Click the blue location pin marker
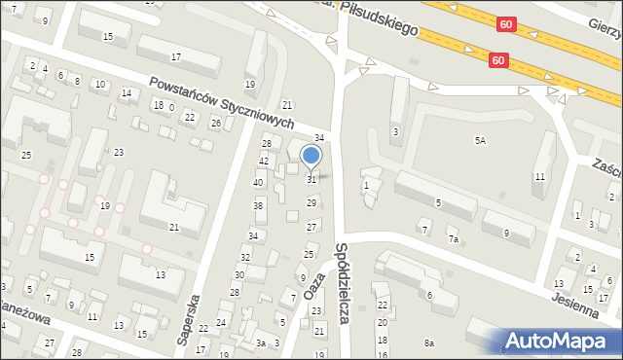(311, 156)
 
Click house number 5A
(480, 141)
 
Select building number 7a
(453, 238)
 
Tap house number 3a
(260, 342)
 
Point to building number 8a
(429, 342)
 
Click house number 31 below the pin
(311, 179)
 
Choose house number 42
(264, 161)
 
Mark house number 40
(258, 182)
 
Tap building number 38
(259, 205)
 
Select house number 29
(311, 202)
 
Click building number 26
(216, 124)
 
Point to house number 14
(127, 93)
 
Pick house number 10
(99, 85)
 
